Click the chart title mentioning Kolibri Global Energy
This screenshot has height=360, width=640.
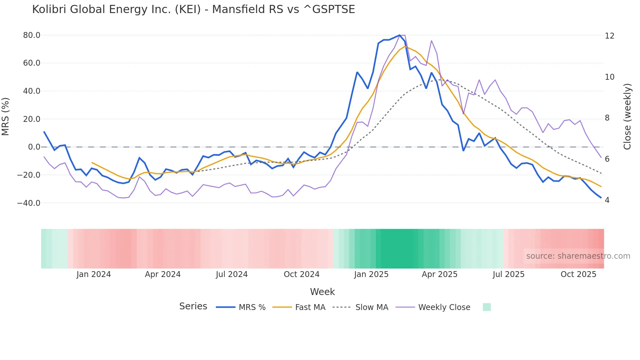coord(193,9)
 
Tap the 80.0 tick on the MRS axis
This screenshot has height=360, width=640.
coord(32,35)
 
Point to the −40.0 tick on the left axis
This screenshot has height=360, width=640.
coord(29,203)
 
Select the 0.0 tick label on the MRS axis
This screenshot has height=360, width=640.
coord(34,147)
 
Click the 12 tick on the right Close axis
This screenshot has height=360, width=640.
coord(609,36)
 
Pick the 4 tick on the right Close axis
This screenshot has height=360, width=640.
coord(607,200)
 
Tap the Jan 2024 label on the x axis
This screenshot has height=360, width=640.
coord(94,274)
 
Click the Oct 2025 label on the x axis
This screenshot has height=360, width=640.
coord(578,274)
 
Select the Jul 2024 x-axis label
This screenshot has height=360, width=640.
coord(232,274)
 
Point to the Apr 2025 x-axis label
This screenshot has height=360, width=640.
coord(440,274)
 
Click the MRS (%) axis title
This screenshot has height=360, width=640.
coord(6,117)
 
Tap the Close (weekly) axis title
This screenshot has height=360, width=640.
coord(627,117)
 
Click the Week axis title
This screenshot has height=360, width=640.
coord(322,292)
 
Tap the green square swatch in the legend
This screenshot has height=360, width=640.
coord(487,307)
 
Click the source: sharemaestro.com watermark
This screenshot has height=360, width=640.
coord(578,256)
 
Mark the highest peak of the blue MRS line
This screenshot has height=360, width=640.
coord(399,35)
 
